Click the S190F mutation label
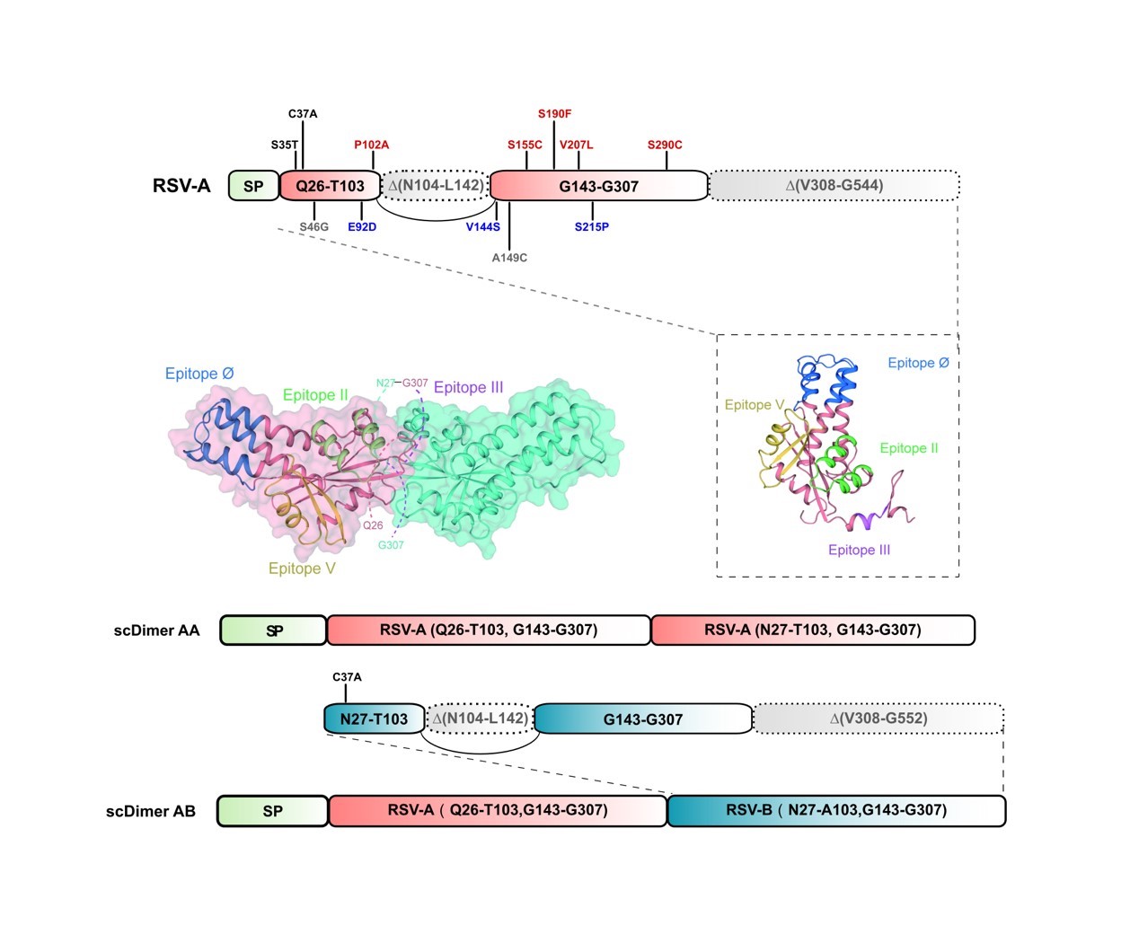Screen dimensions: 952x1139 554,114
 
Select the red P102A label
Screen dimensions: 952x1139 371,145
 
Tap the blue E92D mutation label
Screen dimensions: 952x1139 362,227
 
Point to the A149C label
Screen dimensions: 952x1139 509,258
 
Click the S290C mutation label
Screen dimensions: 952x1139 665,145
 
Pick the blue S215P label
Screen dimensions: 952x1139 592,227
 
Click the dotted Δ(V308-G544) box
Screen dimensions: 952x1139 834,186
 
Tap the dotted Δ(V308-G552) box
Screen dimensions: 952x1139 878,718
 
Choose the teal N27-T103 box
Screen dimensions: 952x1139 374,718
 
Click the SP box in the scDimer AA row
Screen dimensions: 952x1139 274,630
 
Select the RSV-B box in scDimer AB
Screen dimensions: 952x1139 835,810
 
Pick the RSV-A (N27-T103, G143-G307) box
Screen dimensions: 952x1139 812,630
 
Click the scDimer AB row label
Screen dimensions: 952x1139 151,811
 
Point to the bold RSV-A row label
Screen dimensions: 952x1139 181,186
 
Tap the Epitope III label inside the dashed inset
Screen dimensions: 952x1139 859,550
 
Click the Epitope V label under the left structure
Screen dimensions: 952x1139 302,569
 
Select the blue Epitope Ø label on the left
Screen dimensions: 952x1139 199,374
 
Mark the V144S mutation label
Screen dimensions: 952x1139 482,227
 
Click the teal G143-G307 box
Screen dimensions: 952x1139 643,718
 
